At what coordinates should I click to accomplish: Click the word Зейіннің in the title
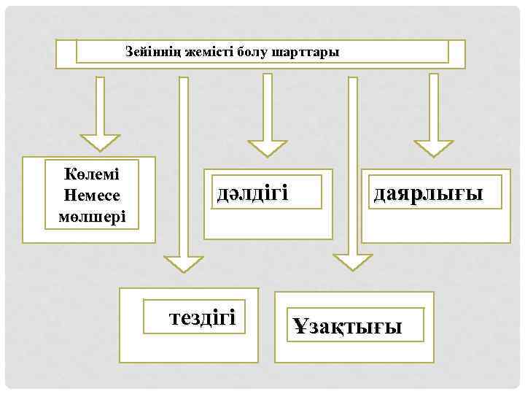pos(151,53)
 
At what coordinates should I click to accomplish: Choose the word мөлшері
pos(92,216)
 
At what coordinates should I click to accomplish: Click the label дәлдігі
pos(252,193)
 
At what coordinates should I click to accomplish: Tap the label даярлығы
pos(428,193)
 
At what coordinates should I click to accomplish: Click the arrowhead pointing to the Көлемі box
pos(100,142)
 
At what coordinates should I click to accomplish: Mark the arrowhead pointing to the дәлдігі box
pos(267,147)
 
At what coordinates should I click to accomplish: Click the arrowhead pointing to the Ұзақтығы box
pos(353,263)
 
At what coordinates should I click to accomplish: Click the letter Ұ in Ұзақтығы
pos(300,326)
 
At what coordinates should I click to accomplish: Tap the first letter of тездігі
pos(174,318)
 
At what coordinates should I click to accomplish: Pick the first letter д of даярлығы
pos(379,194)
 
